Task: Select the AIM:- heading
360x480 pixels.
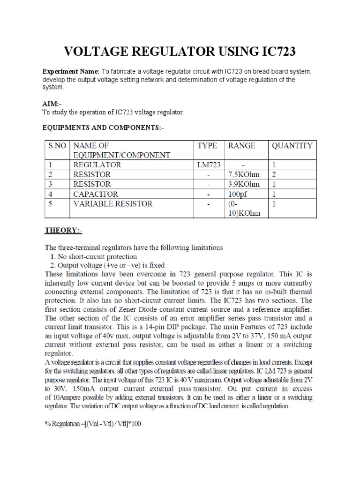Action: pyautogui.click(x=52, y=103)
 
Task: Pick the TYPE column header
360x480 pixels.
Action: pyautogui.click(x=207, y=146)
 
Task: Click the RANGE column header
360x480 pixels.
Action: pyautogui.click(x=242, y=146)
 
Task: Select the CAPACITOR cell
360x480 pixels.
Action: pyautogui.click(x=96, y=194)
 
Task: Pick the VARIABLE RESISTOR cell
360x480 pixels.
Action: pyautogui.click(x=113, y=204)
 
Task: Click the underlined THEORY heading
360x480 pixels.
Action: pyautogui.click(x=63, y=231)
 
